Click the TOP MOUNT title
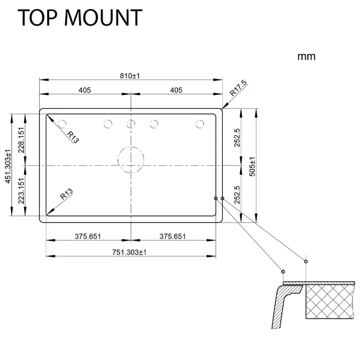(80, 18)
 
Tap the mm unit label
(306, 57)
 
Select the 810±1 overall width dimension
(130, 76)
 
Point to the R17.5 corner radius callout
(238, 88)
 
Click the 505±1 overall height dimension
(252, 166)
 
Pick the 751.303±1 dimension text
(129, 252)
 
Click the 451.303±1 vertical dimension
(8, 166)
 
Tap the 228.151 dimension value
(21, 140)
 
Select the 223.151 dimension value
(21, 191)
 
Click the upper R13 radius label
(73, 137)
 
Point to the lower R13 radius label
(66, 194)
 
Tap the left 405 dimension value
(85, 90)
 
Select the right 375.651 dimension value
(173, 236)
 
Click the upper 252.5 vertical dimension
(237, 138)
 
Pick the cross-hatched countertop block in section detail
(330, 301)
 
